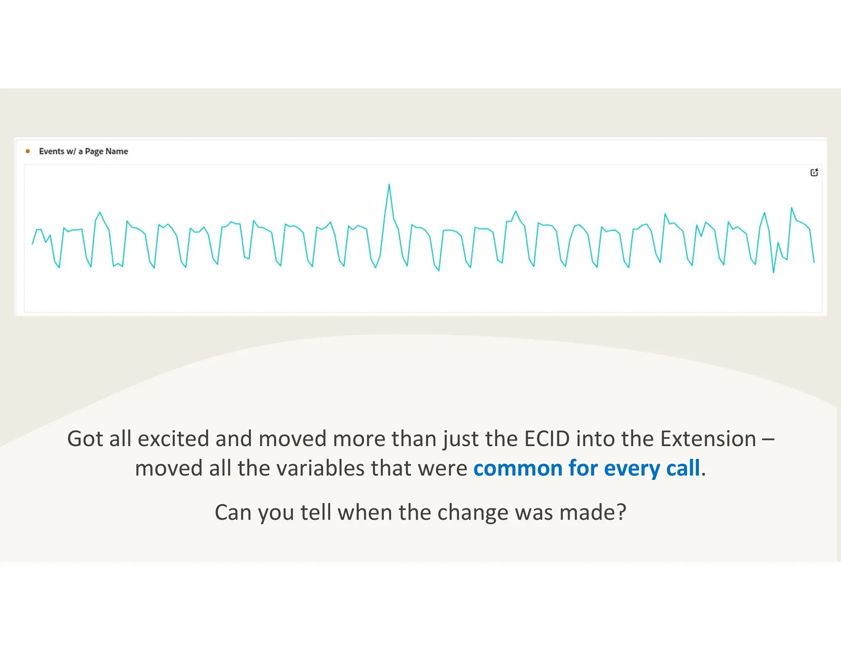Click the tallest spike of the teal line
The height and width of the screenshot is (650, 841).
click(389, 185)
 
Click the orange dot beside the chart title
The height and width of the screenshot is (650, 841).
click(28, 151)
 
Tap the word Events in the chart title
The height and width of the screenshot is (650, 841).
click(51, 151)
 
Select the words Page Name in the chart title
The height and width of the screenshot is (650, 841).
click(106, 151)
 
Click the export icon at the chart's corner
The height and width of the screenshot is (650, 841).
click(814, 172)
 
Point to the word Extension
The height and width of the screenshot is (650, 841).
click(708, 439)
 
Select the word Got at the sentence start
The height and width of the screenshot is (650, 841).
click(85, 439)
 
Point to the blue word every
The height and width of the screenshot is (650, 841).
click(630, 468)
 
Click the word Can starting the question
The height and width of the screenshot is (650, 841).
click(233, 512)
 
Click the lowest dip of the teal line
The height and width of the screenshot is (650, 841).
click(774, 272)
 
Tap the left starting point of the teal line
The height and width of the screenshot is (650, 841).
click(33, 244)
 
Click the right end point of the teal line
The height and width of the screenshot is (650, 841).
click(814, 262)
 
